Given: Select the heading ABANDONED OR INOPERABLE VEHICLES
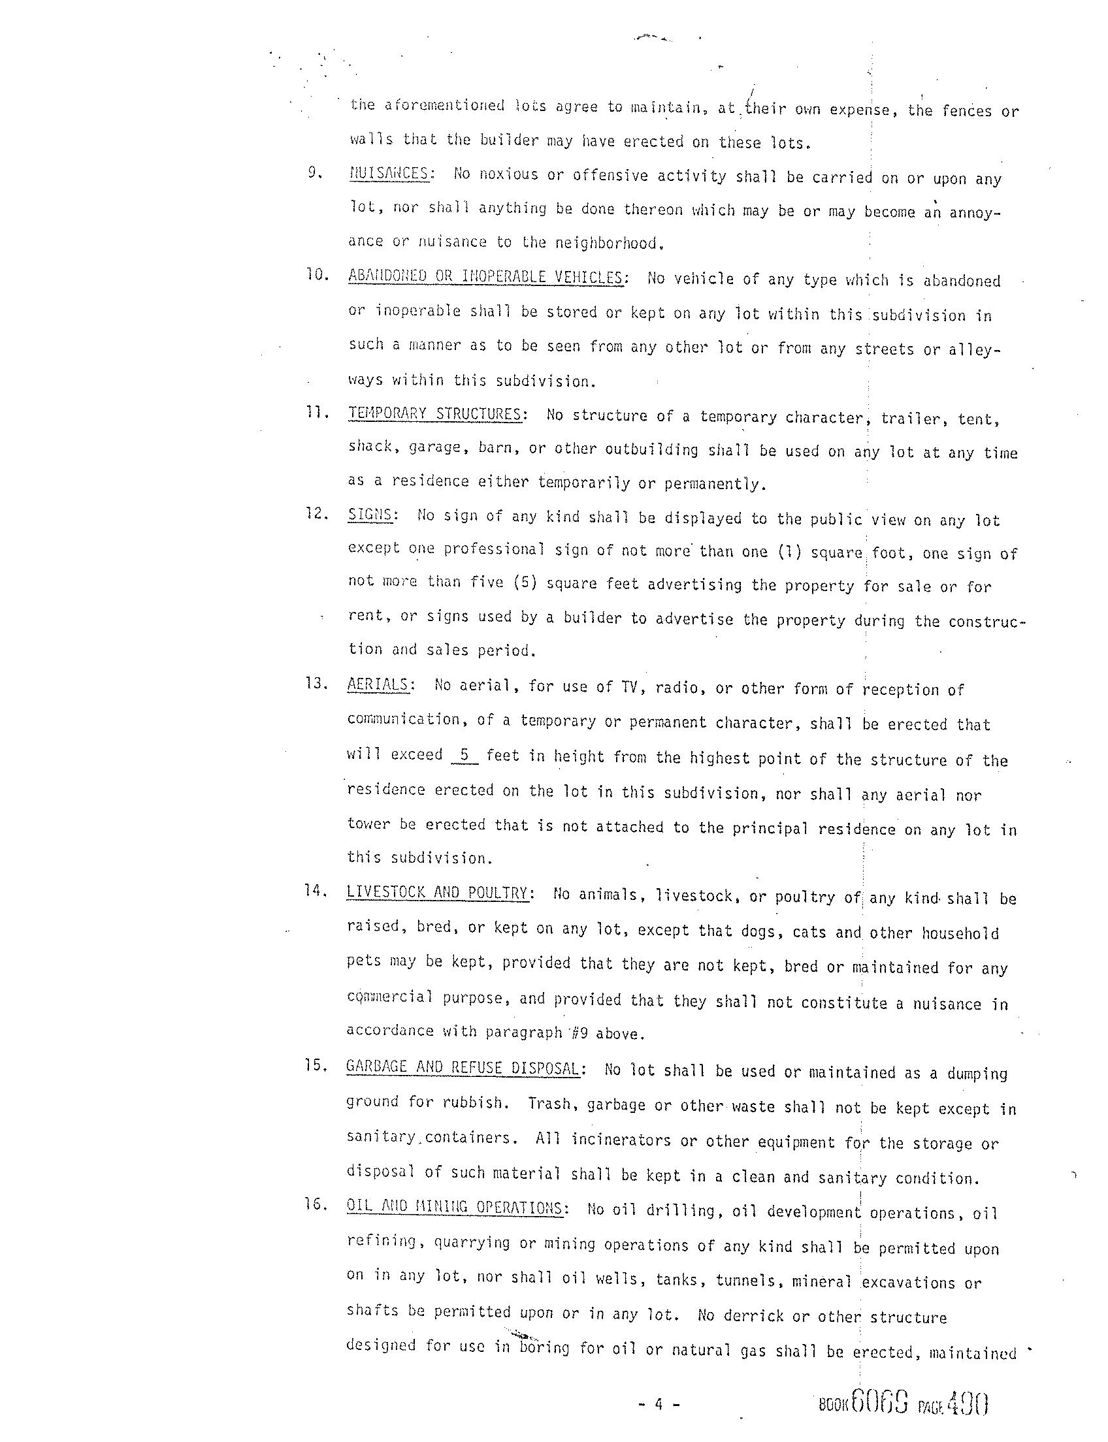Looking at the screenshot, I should (x=485, y=276).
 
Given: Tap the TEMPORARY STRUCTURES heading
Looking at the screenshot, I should (x=435, y=414).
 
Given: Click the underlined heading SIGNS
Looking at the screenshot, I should (x=370, y=515).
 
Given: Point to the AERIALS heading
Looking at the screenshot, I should (x=378, y=684).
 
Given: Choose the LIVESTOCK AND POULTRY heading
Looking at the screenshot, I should (x=437, y=893).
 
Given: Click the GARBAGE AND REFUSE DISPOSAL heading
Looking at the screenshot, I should (x=463, y=1068).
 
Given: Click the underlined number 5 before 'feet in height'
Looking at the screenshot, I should (x=465, y=755).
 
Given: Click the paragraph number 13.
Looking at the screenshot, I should (x=316, y=683).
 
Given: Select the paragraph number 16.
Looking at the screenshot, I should (x=316, y=1205).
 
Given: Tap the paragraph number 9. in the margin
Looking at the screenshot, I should (x=315, y=173).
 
